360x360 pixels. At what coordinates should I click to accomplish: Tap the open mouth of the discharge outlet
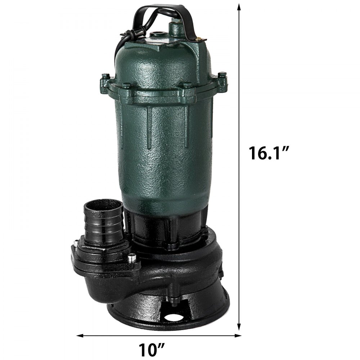(103, 206)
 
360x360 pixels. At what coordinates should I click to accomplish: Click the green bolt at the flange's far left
(105, 76)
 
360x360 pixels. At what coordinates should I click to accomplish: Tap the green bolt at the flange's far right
(222, 75)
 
